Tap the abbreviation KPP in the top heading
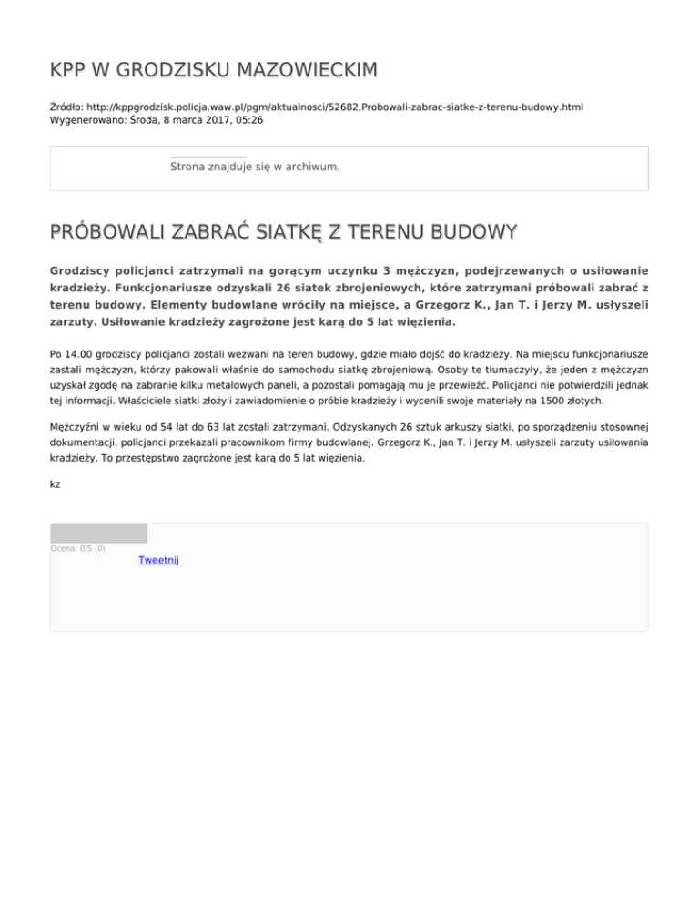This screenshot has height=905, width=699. (x=69, y=70)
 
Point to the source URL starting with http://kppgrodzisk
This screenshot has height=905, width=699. (x=337, y=107)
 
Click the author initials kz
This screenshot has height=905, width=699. (x=56, y=484)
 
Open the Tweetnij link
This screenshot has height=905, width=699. (x=158, y=560)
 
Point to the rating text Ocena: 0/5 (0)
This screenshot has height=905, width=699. (x=77, y=548)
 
